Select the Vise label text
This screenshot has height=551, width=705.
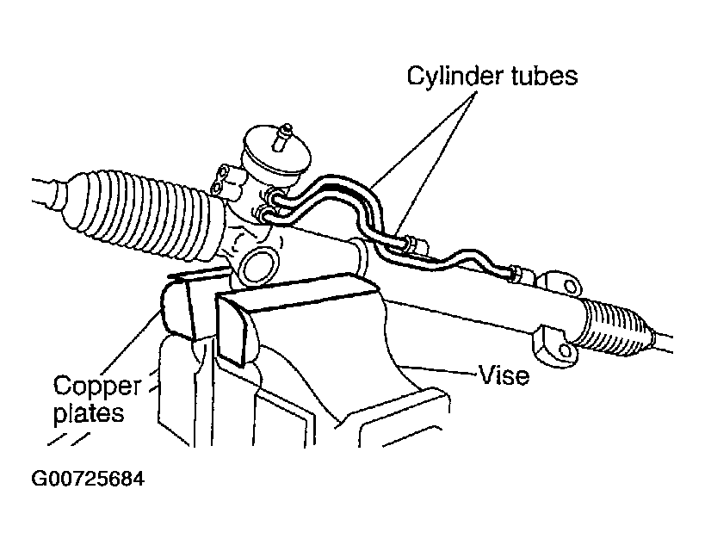[505, 375]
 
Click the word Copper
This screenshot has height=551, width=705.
[97, 384]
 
